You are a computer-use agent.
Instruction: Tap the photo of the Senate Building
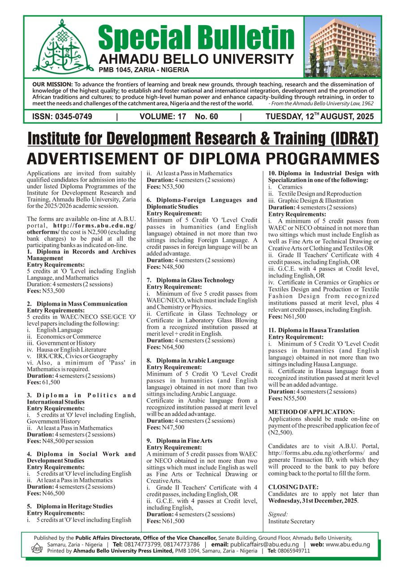pos(342,47)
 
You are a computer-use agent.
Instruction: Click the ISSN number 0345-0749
pos(62,117)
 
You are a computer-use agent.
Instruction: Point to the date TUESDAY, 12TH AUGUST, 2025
pos(323,117)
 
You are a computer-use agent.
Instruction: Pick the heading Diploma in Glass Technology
pos(190,280)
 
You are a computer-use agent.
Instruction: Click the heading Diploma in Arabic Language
pos(190,361)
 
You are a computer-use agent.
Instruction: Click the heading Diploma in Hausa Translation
pos(314,330)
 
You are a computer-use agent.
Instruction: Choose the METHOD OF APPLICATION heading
pos(311,412)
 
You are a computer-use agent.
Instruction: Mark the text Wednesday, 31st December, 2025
pos(313,500)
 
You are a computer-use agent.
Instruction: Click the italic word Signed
pos(278,514)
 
